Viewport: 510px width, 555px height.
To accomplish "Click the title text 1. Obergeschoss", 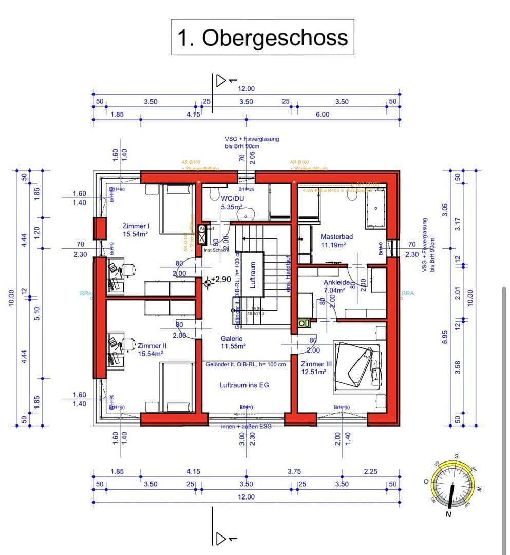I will [262, 38].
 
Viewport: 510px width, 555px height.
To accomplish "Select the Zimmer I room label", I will [136, 230].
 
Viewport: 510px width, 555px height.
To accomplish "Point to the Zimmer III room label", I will [316, 367].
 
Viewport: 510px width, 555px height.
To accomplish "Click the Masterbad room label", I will [336, 240].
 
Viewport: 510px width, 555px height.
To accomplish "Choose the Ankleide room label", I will [336, 286].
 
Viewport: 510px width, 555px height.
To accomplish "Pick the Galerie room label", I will [232, 342].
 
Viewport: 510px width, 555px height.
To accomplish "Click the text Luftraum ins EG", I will [244, 385].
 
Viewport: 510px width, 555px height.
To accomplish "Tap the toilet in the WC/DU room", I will [215, 193].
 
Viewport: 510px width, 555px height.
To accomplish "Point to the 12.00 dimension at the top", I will [246, 89].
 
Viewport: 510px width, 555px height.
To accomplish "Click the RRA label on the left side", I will [85, 293].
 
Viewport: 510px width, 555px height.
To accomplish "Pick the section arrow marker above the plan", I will [222, 81].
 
